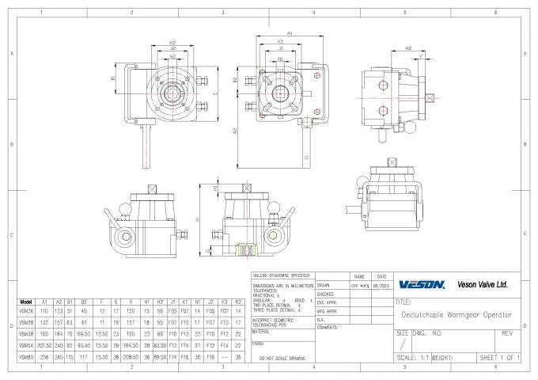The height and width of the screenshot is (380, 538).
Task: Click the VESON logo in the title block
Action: pos(422,285)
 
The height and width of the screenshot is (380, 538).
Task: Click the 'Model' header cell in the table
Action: pos(25,302)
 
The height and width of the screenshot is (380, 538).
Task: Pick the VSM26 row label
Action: pos(25,312)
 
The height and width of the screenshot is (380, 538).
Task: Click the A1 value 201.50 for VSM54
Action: pos(45,345)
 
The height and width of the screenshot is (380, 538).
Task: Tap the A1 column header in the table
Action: pos(45,302)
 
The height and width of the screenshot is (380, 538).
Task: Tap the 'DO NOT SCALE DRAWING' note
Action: pos(282,359)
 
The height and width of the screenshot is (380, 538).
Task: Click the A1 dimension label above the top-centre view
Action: pos(290,33)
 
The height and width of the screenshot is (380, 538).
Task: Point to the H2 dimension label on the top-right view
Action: pos(408,49)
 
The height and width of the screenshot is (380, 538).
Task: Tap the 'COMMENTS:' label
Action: pos(328,327)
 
